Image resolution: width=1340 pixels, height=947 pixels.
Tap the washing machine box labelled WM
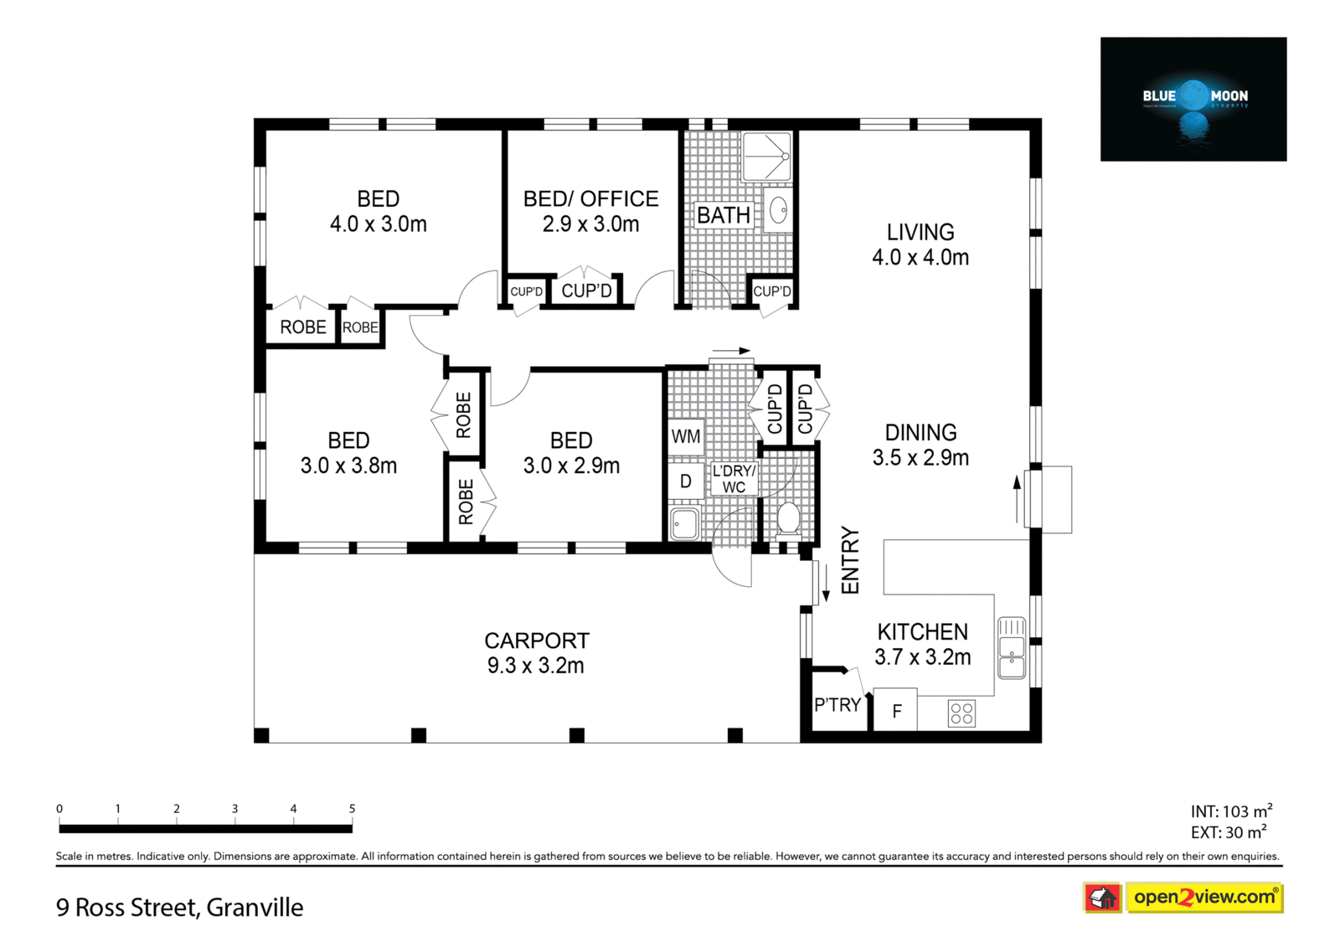coord(686,437)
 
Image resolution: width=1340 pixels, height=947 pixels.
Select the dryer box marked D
coord(686,481)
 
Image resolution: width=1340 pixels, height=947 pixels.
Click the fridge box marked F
coord(895,710)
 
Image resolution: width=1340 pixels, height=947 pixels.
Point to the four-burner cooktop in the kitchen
coord(961,713)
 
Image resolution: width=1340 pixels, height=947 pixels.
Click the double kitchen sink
coord(1012,648)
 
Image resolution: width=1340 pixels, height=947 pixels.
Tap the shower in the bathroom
coord(767,156)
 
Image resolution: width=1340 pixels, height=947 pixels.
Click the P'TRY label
coord(837,705)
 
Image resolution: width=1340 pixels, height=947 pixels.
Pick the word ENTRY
coord(850,560)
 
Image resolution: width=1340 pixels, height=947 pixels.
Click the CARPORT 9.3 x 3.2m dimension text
coord(536,665)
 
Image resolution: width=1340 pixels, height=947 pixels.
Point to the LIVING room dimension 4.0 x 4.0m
coord(920,257)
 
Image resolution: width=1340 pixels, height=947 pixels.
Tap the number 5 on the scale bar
coord(352,808)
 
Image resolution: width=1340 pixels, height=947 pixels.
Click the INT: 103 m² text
coord(1231,811)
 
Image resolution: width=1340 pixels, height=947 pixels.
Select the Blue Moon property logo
coord(1193,100)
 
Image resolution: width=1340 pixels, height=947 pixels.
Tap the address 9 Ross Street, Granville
coord(179,908)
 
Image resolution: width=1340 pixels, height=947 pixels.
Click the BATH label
coord(724,214)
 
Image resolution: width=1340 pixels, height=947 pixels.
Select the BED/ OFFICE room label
coord(591,198)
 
